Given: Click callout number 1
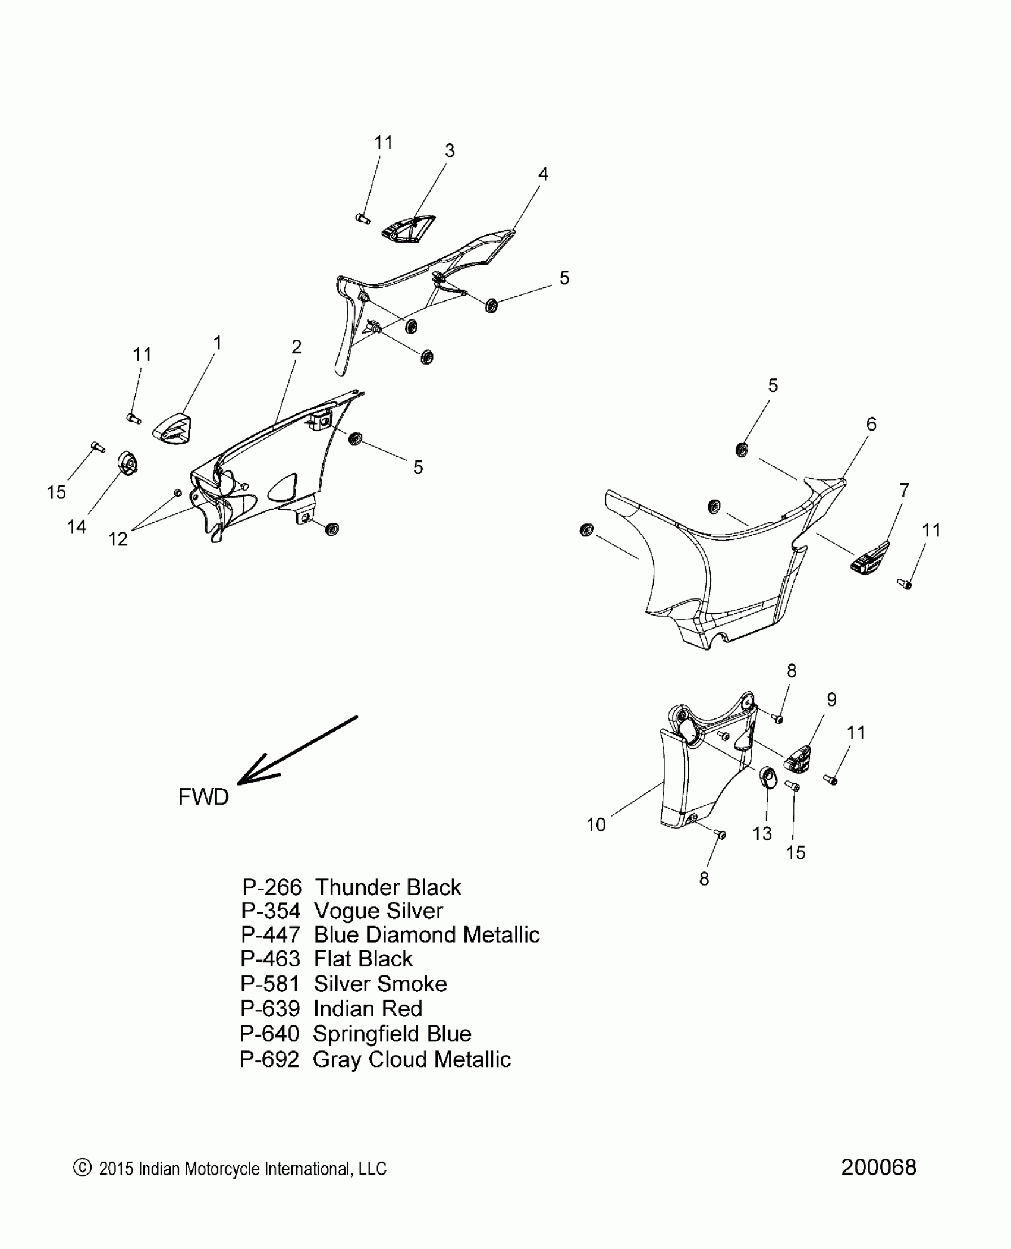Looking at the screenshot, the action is coord(218,343).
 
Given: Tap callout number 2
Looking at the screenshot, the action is coord(296,347).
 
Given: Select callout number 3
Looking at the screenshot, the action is coord(450,151).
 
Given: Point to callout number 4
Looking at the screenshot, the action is coord(542,174).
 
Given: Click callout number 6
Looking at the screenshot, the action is coord(871,424).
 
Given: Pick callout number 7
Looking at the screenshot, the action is coord(904,490).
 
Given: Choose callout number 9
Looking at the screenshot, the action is coord(831,700).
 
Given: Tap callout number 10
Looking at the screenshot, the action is coord(596,825).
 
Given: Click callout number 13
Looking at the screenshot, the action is coord(762,833).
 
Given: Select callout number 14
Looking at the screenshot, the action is coord(77,526).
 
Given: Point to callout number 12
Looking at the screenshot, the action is coord(118,539).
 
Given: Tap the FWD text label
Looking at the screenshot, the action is coord(203,797).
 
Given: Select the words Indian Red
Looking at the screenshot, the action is coord(368,1009).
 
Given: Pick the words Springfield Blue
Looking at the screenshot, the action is coord(392,1034).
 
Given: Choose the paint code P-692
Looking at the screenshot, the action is coord(269,1059).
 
